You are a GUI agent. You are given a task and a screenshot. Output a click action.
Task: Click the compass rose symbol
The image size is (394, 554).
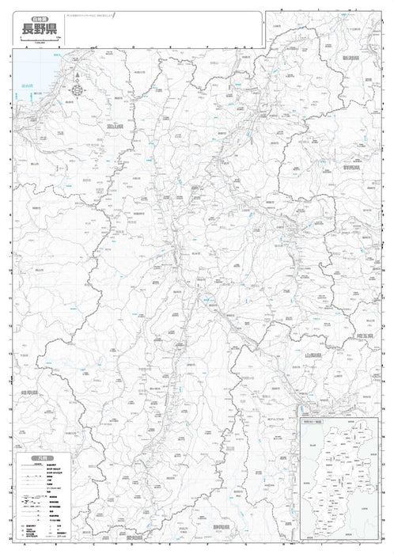(x=77, y=89)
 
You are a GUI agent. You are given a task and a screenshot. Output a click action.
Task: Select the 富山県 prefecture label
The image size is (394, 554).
(x=118, y=125)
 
